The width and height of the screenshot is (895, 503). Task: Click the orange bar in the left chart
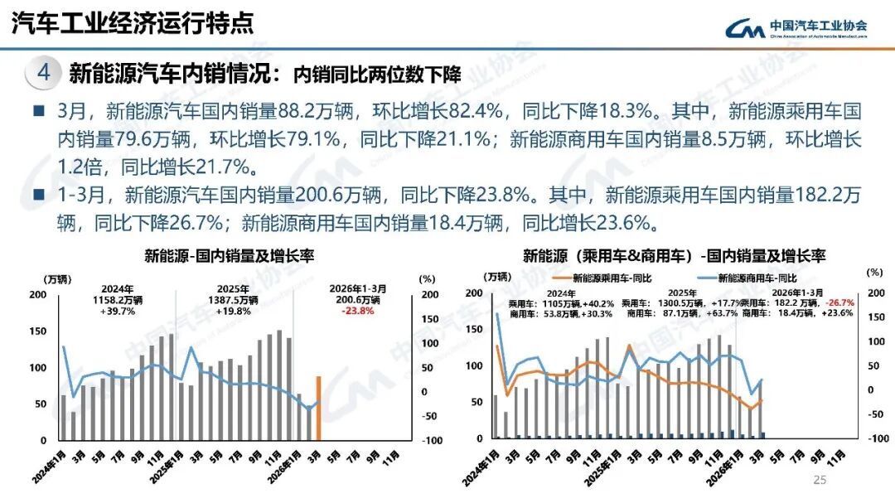(x=318, y=408)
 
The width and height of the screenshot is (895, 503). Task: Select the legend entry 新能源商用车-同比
(x=750, y=278)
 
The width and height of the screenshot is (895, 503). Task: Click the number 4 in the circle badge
(x=45, y=73)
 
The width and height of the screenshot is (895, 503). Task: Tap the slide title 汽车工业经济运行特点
(x=133, y=22)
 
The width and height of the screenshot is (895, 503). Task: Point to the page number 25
(x=820, y=481)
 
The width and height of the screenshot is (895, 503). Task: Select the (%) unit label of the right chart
(x=874, y=271)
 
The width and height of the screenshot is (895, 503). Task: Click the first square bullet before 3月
(x=38, y=111)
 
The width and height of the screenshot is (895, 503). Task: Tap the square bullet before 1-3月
(x=38, y=196)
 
